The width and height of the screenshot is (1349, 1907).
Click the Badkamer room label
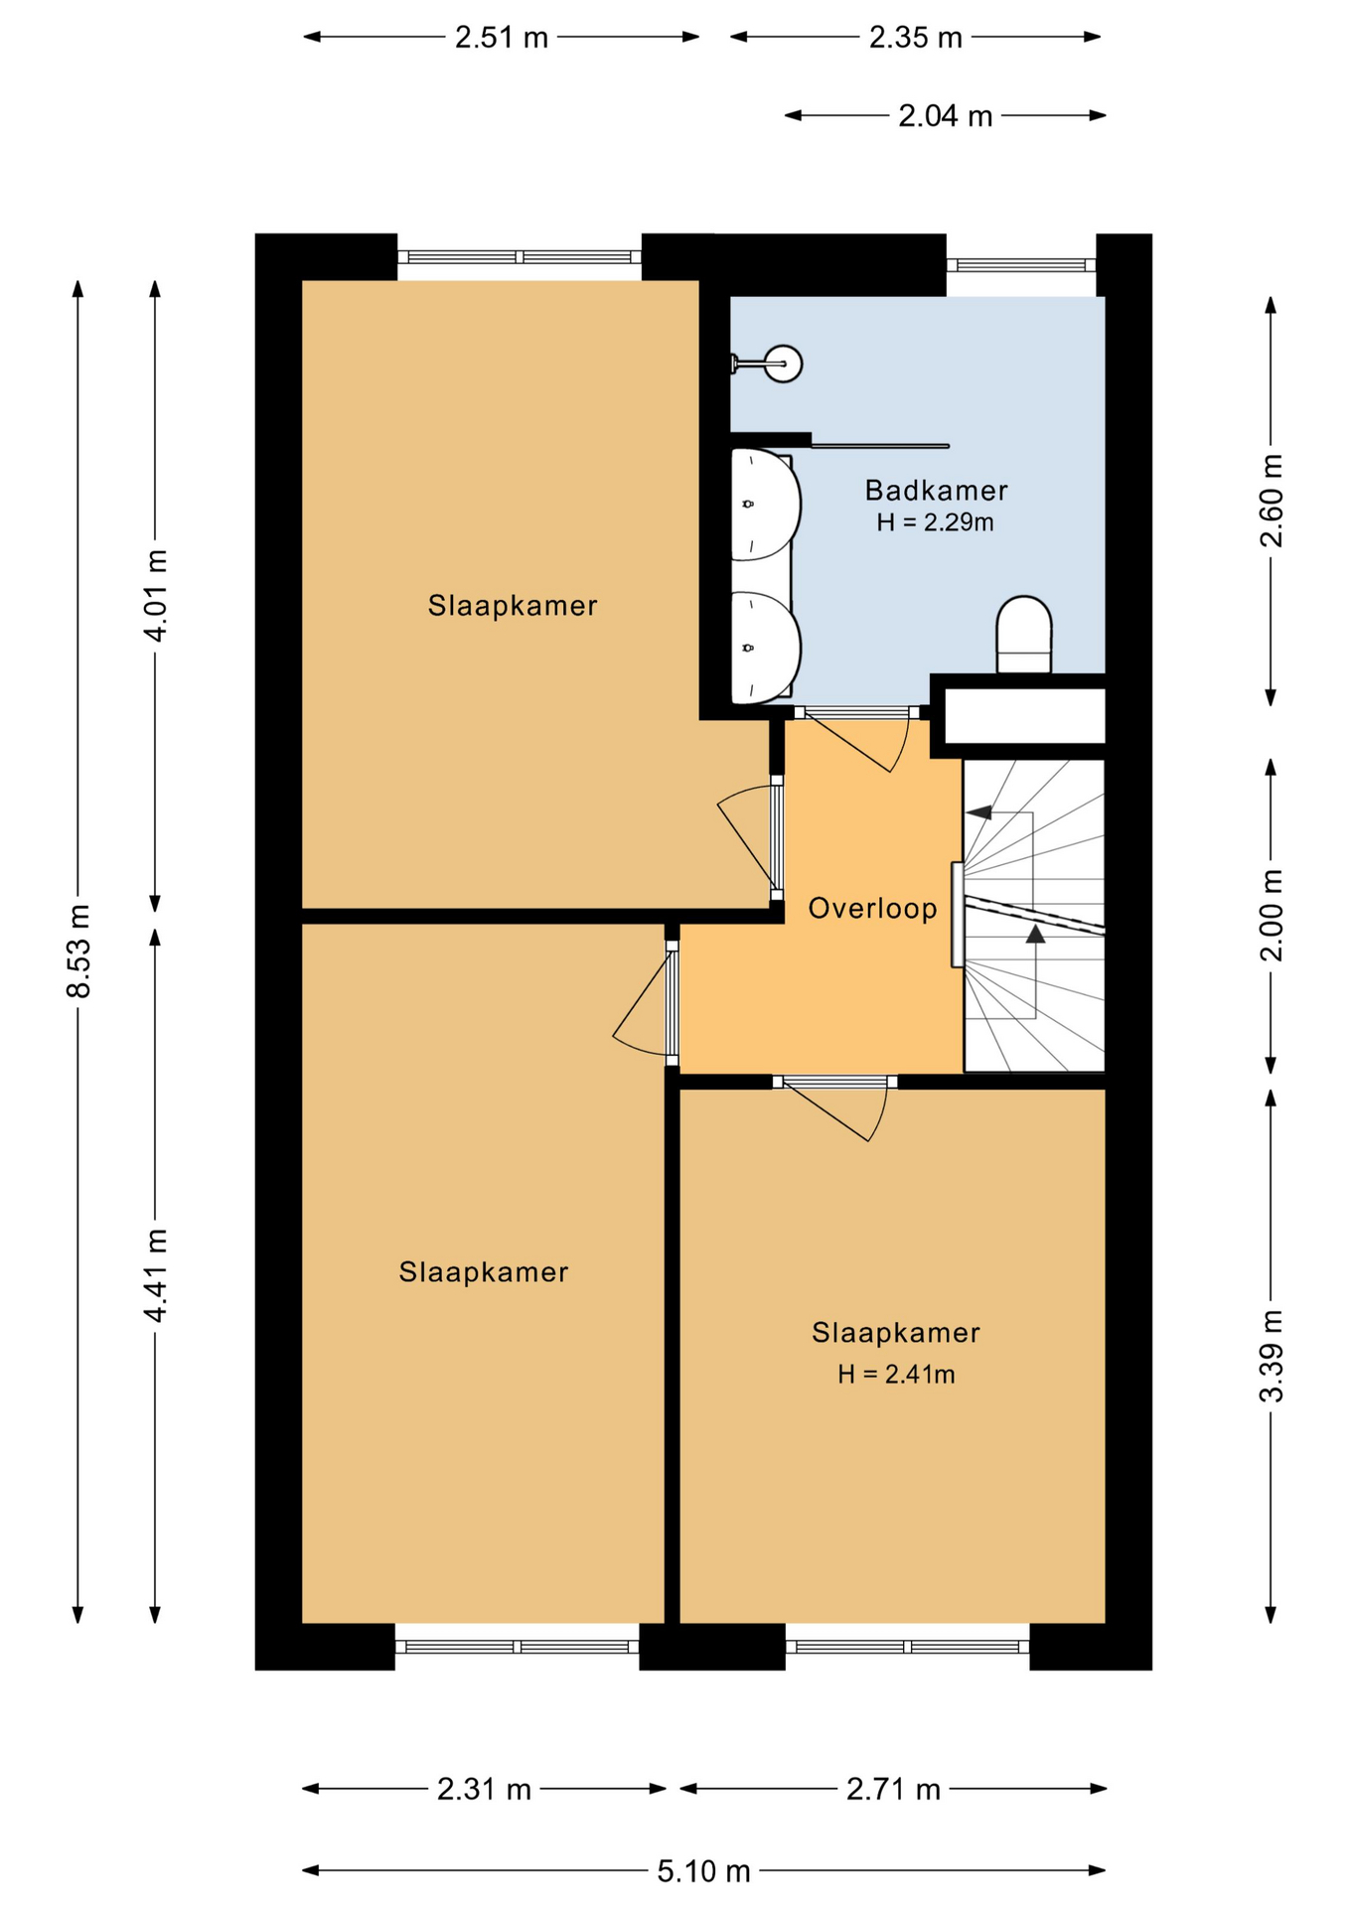(x=936, y=491)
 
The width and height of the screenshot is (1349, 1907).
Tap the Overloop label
(x=873, y=909)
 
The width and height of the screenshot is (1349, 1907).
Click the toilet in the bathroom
(x=1024, y=635)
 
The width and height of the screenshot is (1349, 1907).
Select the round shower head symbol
(x=784, y=364)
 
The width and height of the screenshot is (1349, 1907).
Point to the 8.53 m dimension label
(x=77, y=952)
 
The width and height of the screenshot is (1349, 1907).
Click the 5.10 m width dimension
(x=703, y=1871)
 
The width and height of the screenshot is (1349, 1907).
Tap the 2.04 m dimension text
(x=946, y=116)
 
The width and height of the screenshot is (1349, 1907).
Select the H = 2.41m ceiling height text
(x=896, y=1375)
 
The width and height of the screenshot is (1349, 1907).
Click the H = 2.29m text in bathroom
(x=935, y=522)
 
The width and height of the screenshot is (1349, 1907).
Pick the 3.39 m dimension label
(x=1272, y=1356)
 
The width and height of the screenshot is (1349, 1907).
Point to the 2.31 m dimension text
(x=484, y=1790)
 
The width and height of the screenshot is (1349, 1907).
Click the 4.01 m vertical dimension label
(x=155, y=595)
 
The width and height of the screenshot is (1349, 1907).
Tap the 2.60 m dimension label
(x=1272, y=501)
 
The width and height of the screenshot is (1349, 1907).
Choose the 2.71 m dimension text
(x=893, y=1790)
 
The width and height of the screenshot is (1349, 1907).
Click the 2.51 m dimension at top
(x=502, y=38)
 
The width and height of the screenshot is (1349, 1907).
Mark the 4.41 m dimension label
(x=155, y=1275)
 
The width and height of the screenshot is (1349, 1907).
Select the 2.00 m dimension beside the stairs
(x=1272, y=915)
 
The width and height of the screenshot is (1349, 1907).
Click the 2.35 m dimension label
(x=916, y=38)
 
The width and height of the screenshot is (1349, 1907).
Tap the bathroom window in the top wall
(x=1020, y=265)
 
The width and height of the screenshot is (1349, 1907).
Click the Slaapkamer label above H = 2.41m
(x=896, y=1333)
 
